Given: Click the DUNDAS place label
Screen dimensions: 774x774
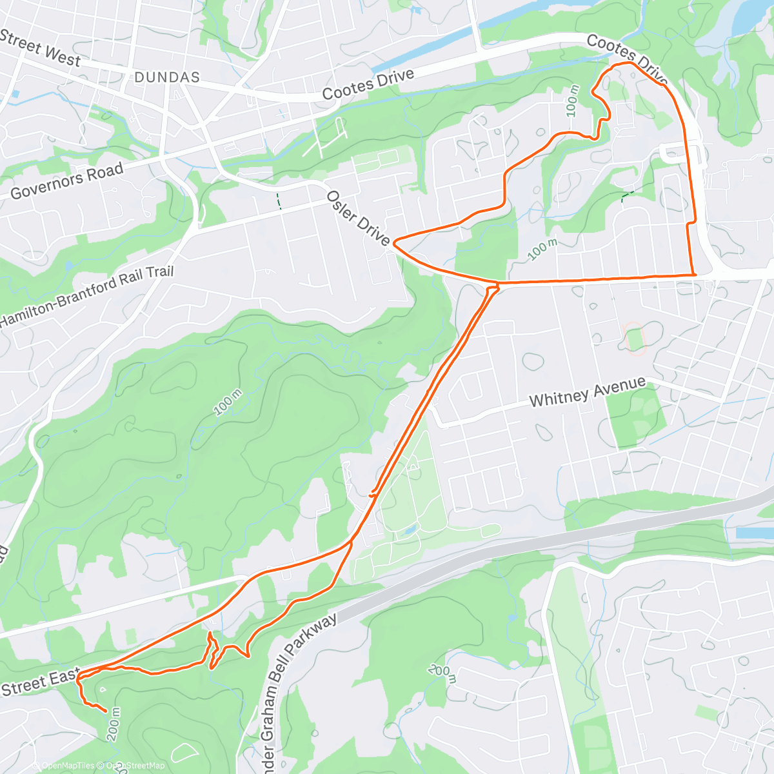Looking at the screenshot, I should [x=167, y=77].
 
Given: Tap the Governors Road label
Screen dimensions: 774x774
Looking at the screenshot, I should [x=67, y=181].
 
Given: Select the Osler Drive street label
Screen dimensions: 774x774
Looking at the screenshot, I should [x=358, y=218].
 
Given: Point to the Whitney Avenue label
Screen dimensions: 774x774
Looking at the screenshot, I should [x=587, y=392].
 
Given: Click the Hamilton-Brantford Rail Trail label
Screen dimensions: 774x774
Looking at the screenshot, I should [x=87, y=295].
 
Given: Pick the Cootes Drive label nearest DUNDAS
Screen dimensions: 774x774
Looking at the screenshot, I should [x=368, y=84].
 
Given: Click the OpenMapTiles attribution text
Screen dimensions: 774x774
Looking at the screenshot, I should [x=68, y=766].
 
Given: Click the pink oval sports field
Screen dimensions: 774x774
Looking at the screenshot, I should [x=635, y=339].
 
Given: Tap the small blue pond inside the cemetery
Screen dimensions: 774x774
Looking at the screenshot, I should [x=410, y=531].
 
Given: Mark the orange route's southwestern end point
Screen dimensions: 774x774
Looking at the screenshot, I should [x=106, y=710].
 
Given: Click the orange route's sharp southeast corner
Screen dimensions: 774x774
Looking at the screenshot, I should [x=695, y=275].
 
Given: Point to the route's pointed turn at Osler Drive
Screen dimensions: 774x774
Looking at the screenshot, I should [x=393, y=242].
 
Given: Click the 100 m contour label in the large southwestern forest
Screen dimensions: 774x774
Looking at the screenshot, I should [x=228, y=402].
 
